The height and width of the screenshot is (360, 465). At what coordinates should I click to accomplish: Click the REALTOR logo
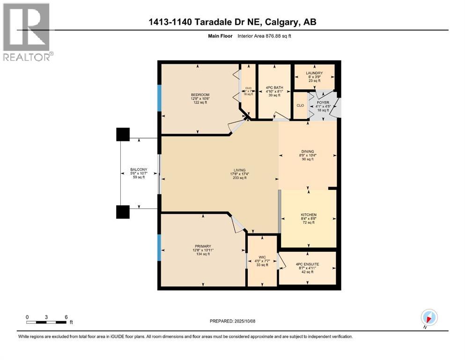(27, 32)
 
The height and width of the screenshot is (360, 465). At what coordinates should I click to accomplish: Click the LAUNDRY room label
(314, 73)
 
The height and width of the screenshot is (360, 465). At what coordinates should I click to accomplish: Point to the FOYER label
(323, 102)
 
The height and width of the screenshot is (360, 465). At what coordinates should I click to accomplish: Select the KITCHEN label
(308, 215)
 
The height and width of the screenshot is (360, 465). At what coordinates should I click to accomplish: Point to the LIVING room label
(239, 171)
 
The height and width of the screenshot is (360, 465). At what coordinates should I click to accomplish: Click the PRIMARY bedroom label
(203, 246)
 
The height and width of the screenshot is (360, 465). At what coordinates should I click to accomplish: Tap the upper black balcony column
(123, 135)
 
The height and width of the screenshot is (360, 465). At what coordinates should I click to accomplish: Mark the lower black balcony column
(123, 212)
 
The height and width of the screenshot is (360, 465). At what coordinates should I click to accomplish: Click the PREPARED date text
(233, 321)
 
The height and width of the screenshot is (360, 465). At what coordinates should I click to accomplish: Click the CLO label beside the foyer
(300, 105)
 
